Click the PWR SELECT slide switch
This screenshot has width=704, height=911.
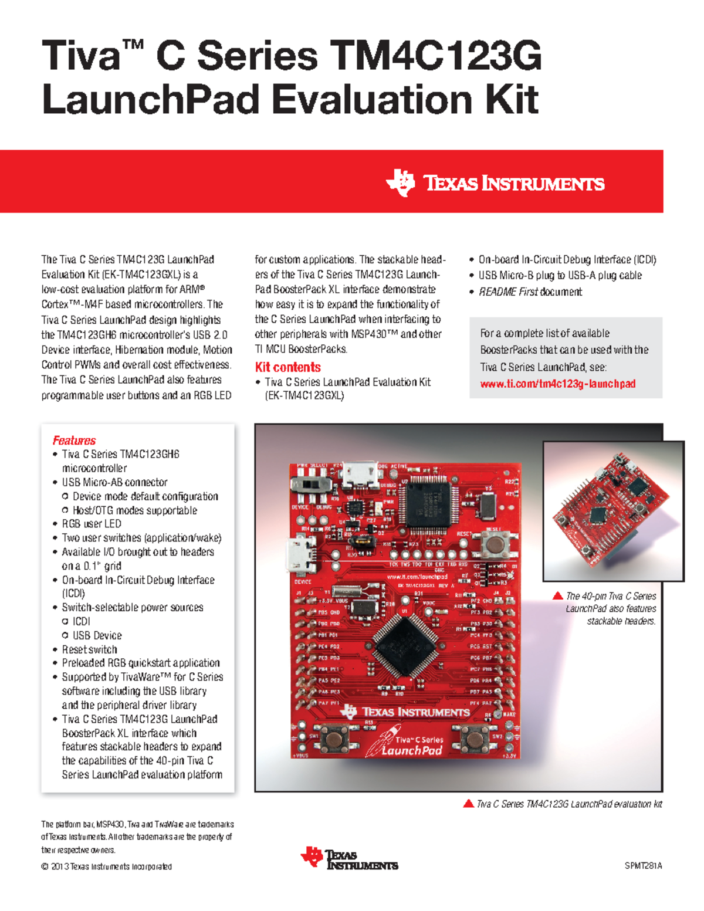(310, 485)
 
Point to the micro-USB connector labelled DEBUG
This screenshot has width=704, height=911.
(359, 474)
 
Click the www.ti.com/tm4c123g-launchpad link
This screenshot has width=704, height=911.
(557, 384)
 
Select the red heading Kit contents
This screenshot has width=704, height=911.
(287, 367)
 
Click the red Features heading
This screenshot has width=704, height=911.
(74, 440)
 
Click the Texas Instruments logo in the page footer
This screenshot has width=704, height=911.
(350, 859)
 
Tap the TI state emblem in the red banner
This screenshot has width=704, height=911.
(401, 182)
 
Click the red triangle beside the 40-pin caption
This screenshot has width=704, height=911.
(558, 595)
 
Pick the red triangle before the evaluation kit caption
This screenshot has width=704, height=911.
(468, 804)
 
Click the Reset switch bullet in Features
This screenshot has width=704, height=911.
(89, 649)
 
